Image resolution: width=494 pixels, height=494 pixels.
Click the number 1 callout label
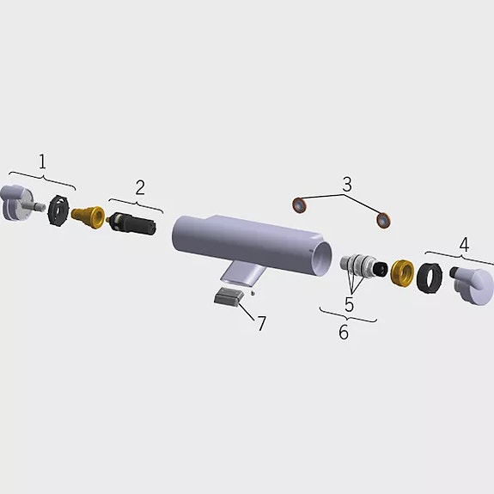click(42, 161)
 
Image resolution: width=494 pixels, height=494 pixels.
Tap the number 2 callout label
click(140, 186)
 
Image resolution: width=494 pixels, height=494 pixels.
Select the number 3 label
click(346, 184)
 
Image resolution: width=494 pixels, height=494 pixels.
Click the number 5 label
click(350, 304)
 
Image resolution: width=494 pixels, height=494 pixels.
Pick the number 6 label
click(344, 332)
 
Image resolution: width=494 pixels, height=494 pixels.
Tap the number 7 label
click(261, 324)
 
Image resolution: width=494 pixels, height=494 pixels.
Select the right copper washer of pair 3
click(383, 221)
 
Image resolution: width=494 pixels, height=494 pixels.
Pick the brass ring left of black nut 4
click(400, 273)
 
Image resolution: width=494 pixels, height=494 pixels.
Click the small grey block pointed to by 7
click(227, 297)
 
